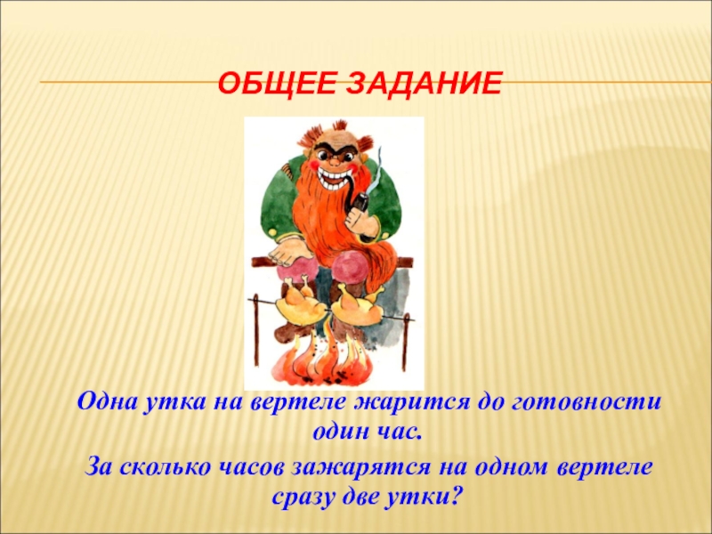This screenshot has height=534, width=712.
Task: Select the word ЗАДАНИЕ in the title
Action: [x=425, y=84]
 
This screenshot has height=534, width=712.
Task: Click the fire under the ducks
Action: [x=323, y=359]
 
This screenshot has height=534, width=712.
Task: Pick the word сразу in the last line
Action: [x=309, y=497]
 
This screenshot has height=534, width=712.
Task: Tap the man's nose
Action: [x=335, y=160]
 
